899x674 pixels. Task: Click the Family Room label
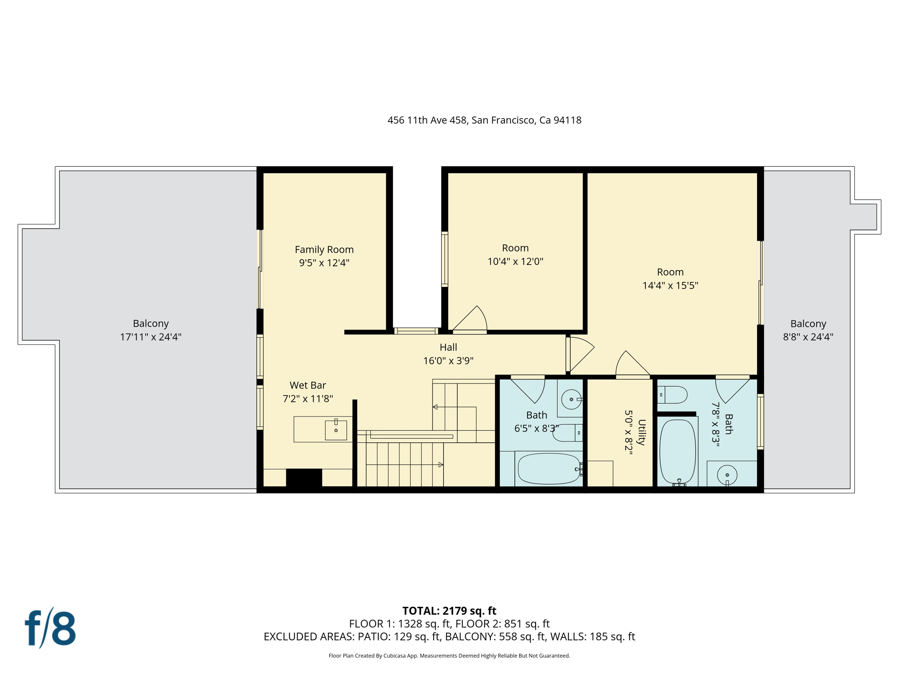(324, 249)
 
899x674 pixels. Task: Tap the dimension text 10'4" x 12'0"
(515, 262)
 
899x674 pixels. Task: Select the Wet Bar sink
(336, 430)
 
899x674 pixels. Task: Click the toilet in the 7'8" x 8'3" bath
(672, 394)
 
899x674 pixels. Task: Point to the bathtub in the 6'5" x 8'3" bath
(549, 469)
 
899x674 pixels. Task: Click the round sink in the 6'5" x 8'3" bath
(571, 399)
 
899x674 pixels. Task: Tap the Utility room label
(641, 432)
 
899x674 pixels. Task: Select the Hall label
(448, 347)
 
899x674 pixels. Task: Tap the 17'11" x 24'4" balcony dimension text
(151, 337)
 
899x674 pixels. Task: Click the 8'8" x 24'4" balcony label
(808, 324)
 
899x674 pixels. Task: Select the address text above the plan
(484, 120)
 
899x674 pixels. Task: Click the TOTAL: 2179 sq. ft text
(449, 611)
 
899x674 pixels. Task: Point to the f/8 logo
(50, 628)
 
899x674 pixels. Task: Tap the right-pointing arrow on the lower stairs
(441, 464)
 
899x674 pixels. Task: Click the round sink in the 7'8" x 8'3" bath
(727, 475)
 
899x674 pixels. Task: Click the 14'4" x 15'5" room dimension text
(670, 286)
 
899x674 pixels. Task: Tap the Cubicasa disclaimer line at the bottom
(449, 656)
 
